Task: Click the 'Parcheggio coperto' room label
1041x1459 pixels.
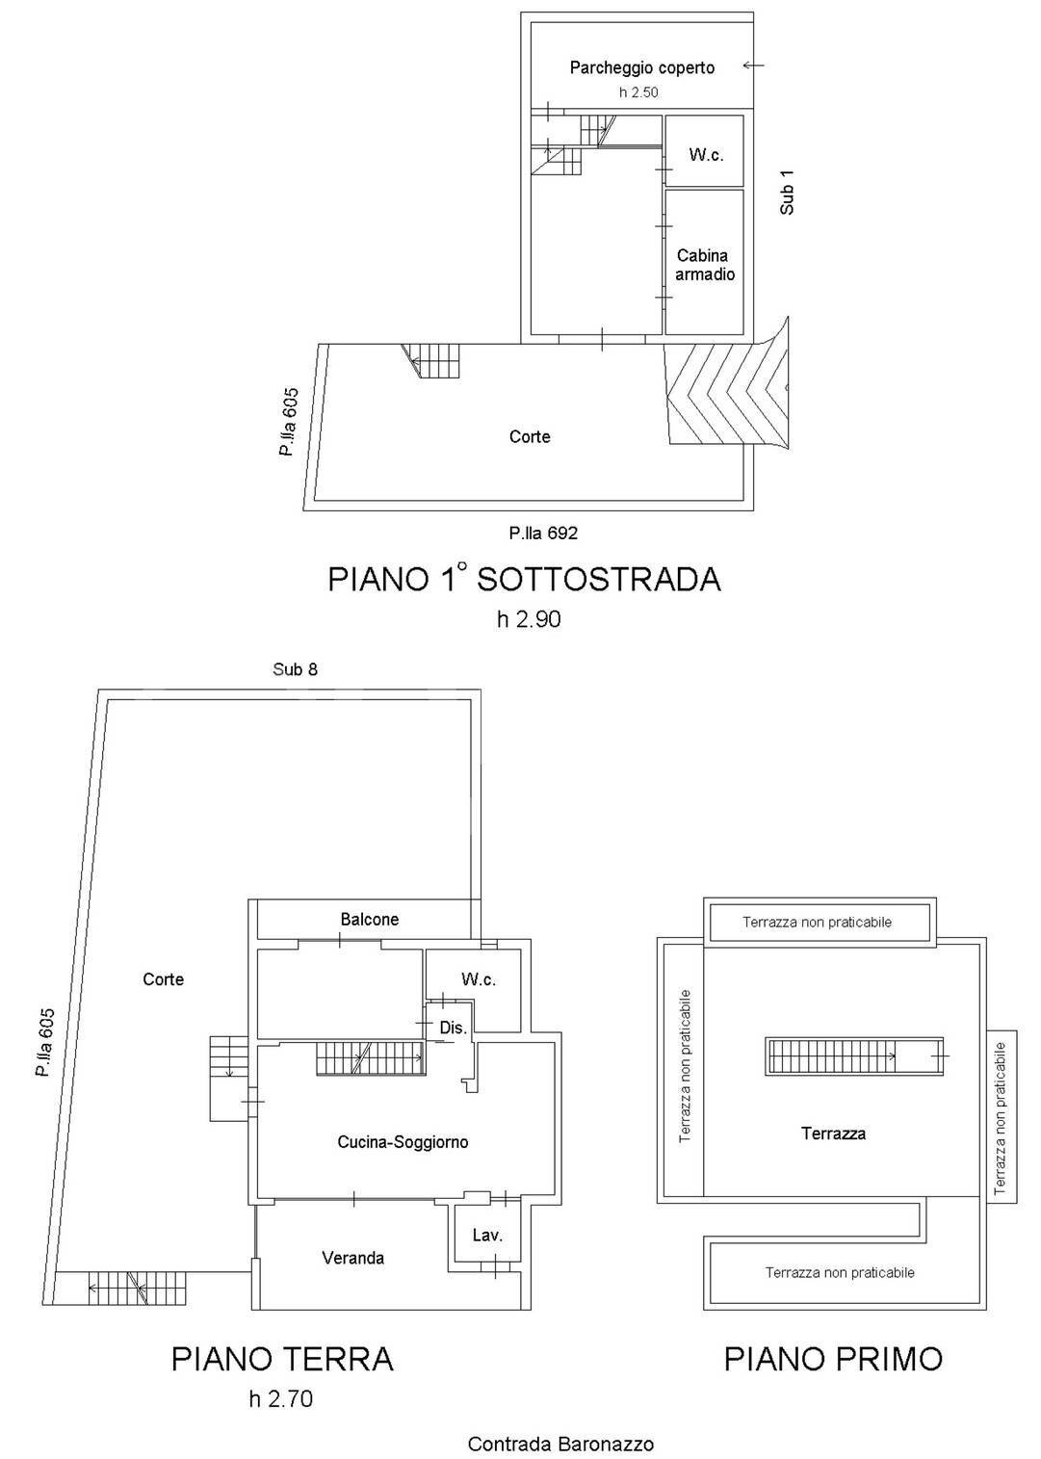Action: point(641,67)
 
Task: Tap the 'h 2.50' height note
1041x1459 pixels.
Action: point(638,92)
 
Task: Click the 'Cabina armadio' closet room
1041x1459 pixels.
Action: point(704,265)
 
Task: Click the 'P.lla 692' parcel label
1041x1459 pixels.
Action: point(543,533)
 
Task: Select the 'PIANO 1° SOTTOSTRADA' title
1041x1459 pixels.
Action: point(524,579)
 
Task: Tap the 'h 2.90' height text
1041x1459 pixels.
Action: point(529,619)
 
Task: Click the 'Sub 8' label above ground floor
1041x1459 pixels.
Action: point(295,669)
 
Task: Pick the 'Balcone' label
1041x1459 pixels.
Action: point(369,920)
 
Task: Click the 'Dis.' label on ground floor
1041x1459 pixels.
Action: point(453,1028)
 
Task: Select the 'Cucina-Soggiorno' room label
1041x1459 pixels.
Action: point(403,1142)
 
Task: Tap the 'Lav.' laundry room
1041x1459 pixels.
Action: point(487,1236)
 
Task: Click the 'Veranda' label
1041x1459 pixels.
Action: point(352,1258)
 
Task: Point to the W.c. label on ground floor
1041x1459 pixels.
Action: point(479,979)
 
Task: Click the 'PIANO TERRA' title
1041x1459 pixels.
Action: point(282,1359)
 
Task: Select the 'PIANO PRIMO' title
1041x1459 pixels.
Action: point(833,1359)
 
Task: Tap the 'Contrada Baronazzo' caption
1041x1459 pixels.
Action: point(560,1444)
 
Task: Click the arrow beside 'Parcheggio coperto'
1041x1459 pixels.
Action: point(753,65)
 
